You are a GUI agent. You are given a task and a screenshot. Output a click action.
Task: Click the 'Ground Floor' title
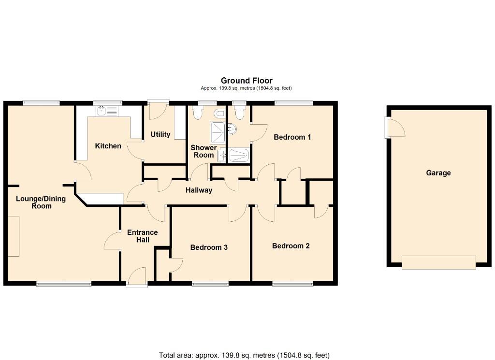click(247, 81)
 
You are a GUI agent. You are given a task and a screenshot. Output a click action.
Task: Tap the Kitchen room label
click(108, 146)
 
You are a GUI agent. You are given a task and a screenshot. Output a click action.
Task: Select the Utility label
click(160, 134)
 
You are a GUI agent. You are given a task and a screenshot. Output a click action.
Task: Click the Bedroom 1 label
click(292, 137)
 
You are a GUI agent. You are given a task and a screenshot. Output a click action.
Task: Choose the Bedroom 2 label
click(291, 246)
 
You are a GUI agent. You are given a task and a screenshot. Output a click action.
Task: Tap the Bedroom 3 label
click(209, 247)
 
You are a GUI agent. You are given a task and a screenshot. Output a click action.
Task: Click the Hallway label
click(199, 190)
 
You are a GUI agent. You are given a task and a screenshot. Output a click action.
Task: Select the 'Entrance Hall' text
click(142, 236)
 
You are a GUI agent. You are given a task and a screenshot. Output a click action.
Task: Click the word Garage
click(438, 173)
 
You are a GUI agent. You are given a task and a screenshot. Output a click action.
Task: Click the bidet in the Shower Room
click(220, 113)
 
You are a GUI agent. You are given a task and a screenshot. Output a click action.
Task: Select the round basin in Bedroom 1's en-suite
click(233, 129)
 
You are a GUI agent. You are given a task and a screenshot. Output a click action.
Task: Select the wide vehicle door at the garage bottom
click(438, 262)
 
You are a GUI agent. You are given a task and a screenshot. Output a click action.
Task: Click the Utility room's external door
click(158, 110)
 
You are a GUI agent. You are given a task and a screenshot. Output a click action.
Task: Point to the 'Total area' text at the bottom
click(244, 355)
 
